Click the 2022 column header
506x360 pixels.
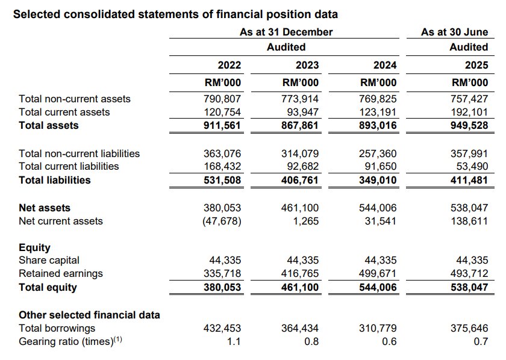coord(229,65)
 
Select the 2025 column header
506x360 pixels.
coord(476,65)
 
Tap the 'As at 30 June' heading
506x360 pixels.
coord(454,32)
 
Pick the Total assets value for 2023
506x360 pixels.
coord(301,126)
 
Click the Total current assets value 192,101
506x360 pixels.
coord(470,112)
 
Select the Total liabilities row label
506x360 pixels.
coord(55,180)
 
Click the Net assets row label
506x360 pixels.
coord(45,208)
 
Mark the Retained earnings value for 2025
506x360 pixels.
coord(470,273)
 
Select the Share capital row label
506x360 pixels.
coord(49,260)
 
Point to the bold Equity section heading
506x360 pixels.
coord(35,247)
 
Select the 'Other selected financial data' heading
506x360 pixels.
coord(89,315)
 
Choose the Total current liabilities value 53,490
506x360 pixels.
coord(473,166)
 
